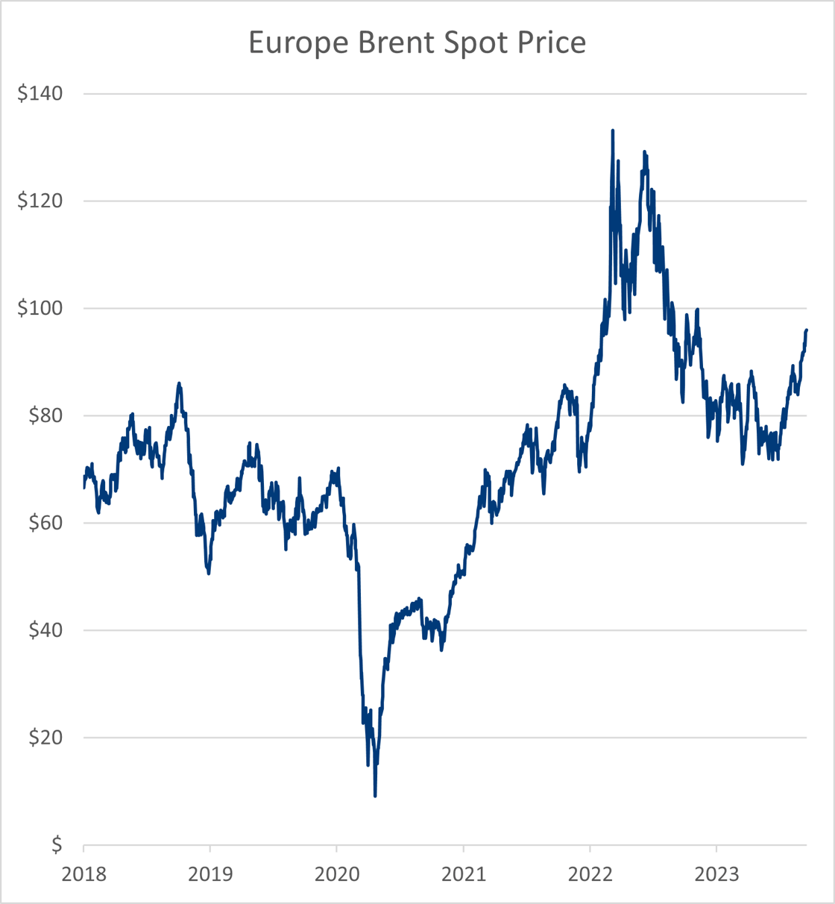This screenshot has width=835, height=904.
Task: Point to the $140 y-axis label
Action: tap(40, 94)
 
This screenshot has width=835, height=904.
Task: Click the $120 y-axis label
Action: tap(40, 201)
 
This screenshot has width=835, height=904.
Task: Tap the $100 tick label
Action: tap(40, 309)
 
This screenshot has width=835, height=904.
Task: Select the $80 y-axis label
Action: tap(45, 415)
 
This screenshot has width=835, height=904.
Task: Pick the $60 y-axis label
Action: tap(45, 523)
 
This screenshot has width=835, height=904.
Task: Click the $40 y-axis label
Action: tap(45, 630)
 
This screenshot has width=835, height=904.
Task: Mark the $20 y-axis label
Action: tap(45, 738)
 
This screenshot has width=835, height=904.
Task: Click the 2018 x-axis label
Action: tap(83, 873)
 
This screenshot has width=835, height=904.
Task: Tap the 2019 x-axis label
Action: tap(210, 873)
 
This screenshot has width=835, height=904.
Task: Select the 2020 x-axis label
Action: tap(337, 873)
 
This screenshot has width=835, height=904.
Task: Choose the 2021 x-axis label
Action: tap(463, 873)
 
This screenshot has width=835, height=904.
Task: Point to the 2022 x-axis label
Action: tap(590, 873)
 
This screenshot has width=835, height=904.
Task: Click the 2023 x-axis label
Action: tap(716, 873)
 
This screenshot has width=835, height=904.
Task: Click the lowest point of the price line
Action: tap(375, 796)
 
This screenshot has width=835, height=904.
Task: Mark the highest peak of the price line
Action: tap(612, 131)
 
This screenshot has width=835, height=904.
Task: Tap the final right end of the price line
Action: tap(807, 330)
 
